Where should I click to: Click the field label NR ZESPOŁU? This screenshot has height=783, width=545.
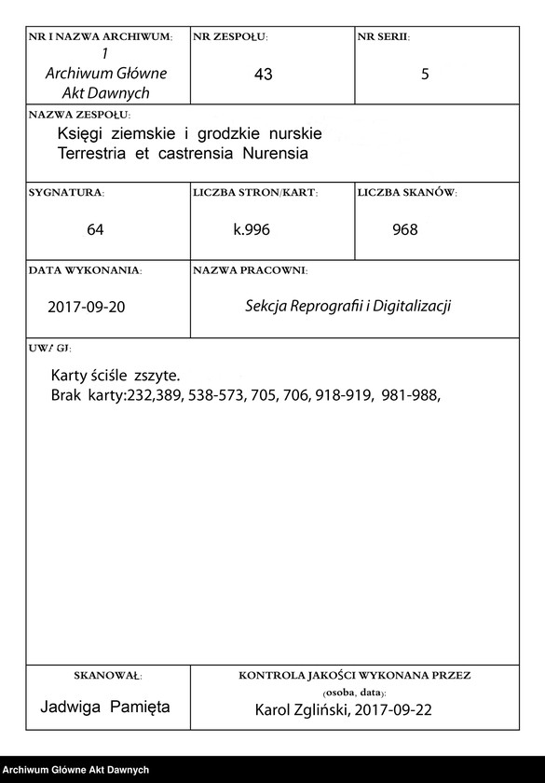click(x=230, y=36)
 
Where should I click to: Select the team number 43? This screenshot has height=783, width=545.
click(x=263, y=75)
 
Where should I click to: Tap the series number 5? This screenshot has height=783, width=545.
click(x=425, y=75)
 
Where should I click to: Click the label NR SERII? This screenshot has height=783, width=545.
click(x=383, y=36)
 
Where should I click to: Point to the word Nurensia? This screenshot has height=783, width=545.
click(x=276, y=152)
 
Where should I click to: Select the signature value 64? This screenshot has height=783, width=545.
click(x=95, y=229)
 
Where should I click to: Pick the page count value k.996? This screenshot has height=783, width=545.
click(x=252, y=229)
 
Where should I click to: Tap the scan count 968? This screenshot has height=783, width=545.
click(x=405, y=229)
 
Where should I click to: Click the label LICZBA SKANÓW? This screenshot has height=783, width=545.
click(x=407, y=192)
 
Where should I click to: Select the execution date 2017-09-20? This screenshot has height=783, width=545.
click(x=86, y=307)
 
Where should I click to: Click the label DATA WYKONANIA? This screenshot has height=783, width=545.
click(x=85, y=269)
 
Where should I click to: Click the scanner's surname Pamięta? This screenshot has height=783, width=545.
click(x=140, y=707)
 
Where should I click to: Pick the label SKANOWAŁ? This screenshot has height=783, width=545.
click(x=107, y=673)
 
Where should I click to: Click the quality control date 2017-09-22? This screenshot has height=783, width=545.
click(x=386, y=710)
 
